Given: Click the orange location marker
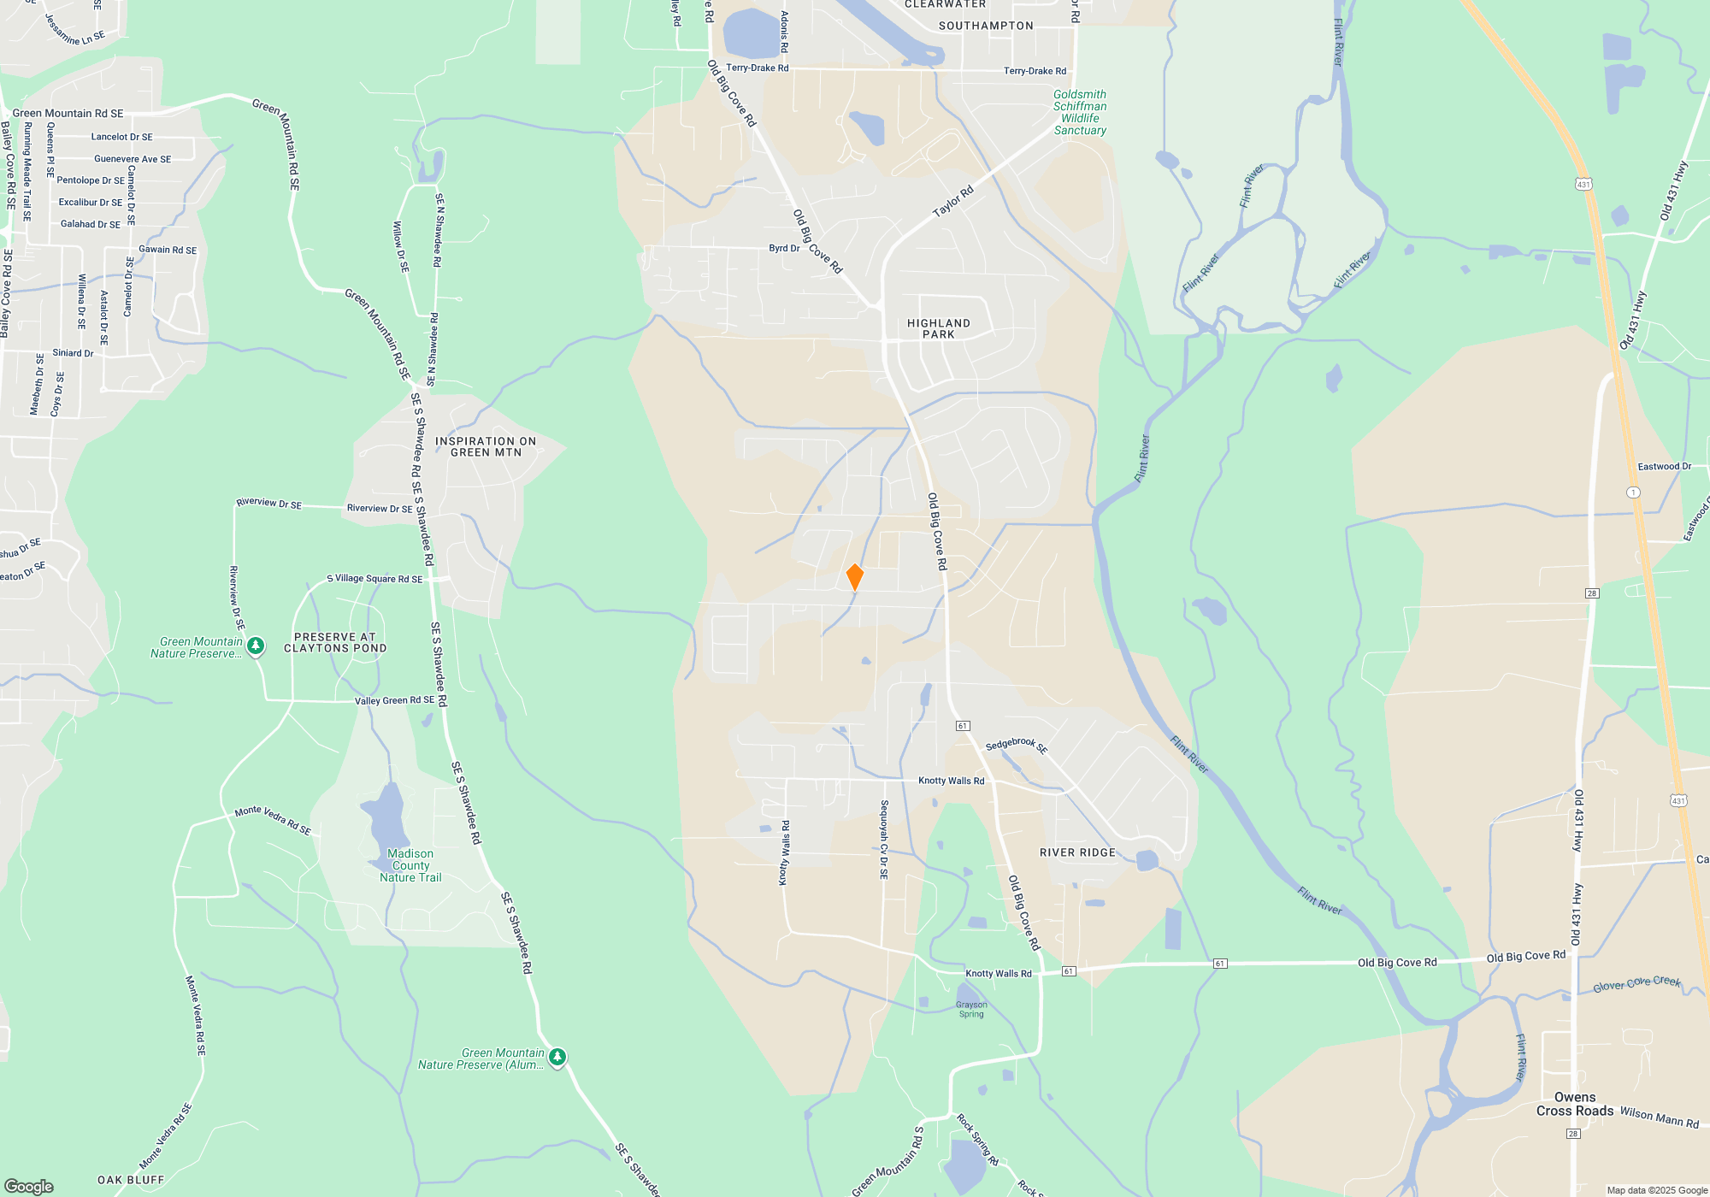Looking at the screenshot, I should pos(854,577).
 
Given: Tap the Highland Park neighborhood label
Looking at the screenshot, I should pos(938,329).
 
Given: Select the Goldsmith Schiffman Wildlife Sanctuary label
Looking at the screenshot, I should pos(1080,113).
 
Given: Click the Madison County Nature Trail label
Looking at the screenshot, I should pos(410,865).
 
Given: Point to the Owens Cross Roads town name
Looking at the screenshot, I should pos(1575,1104).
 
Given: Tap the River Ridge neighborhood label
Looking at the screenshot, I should pos(1077,852).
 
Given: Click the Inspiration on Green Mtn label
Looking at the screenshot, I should pos(486,447).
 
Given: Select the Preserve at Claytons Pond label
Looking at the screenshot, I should pos(335,643).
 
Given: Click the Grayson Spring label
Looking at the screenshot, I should pos(971,1010).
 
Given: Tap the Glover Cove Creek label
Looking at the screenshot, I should pos(1636,984).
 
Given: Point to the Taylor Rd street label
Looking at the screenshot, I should pos(952,202).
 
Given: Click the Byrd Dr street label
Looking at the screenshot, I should pos(784,248).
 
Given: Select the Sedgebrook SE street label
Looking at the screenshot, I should pos(1017,746).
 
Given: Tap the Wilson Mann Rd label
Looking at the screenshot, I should pos(1659,1117).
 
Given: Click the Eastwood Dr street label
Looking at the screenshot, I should pos(1664,467).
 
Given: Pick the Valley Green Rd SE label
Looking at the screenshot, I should pos(394,700).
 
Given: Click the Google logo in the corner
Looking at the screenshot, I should pos(29,1187).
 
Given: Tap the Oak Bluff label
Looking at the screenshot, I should pos(131,1180).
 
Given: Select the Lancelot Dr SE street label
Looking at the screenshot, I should pos(122,137).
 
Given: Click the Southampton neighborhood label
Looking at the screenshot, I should pos(986,26).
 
